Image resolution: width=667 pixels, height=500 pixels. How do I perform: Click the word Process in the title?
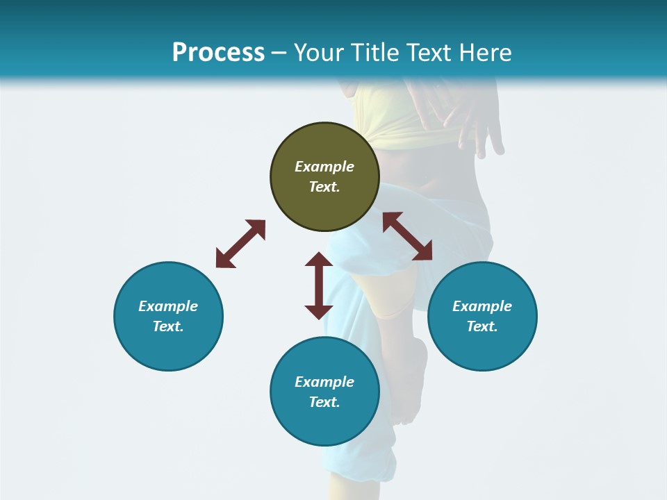tap(218, 53)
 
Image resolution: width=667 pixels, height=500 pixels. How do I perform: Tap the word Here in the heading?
tap(484, 53)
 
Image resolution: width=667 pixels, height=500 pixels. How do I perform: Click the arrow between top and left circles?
tap(240, 244)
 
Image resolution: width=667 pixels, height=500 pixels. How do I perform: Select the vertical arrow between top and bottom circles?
tap(319, 285)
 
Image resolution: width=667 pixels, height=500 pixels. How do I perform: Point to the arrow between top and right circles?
tap(408, 236)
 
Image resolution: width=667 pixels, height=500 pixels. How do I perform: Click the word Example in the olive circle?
tap(324, 167)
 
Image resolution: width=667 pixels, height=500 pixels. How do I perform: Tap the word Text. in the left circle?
tap(168, 326)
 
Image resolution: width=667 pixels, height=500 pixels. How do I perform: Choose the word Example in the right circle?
tap(482, 306)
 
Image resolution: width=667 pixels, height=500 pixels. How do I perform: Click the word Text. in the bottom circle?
tap(324, 402)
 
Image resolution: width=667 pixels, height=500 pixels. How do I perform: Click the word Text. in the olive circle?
tap(324, 187)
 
